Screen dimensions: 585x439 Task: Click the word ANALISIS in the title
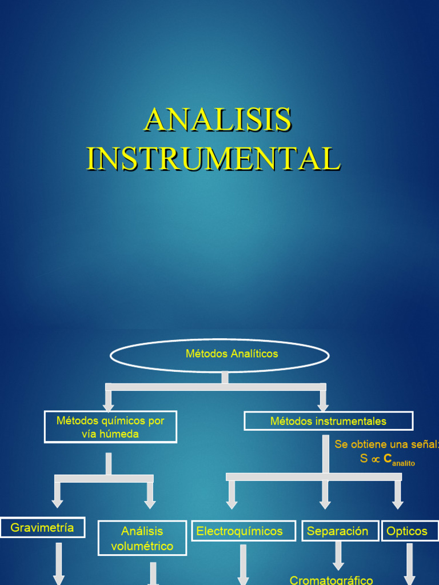218,119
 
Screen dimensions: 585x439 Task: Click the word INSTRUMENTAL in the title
213,159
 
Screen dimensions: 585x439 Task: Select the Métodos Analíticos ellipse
219,355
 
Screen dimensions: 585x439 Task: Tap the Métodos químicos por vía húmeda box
110,427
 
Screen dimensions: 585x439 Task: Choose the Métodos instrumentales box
328,422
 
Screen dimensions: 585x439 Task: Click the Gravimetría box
42,527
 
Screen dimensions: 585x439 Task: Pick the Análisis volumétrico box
142,538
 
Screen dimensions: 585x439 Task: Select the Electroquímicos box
244,531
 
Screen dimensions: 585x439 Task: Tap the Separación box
340,531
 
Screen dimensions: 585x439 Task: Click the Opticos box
409,531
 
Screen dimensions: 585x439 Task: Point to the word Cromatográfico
332,580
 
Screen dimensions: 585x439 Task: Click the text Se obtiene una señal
385,444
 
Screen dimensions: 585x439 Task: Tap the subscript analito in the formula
404,463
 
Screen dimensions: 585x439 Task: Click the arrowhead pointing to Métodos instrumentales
323,407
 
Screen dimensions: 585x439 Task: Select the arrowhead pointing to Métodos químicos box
109,407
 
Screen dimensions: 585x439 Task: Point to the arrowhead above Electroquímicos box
232,504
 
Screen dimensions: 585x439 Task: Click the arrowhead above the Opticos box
398,504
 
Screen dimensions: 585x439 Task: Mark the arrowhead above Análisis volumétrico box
150,504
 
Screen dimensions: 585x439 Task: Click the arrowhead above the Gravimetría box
57,503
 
